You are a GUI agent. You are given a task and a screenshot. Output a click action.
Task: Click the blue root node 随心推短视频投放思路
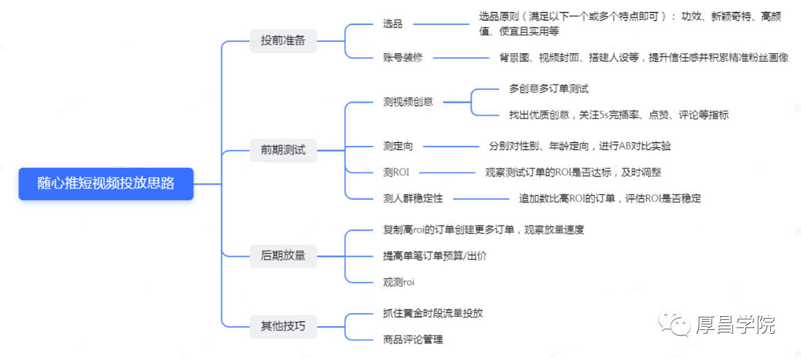(106, 183)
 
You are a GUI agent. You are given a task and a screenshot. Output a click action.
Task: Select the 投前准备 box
(283, 41)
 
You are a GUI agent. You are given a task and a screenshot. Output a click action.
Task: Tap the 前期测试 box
(283, 150)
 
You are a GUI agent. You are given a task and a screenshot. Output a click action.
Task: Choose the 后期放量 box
(283, 256)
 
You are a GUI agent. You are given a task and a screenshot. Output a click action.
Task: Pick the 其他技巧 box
(283, 326)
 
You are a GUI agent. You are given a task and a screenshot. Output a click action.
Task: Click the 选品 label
(392, 24)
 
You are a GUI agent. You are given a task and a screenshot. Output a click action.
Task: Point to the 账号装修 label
(402, 57)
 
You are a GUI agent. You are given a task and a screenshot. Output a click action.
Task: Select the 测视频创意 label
(408, 102)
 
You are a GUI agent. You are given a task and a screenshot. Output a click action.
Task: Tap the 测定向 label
(398, 146)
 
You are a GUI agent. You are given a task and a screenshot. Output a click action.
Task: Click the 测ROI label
(396, 172)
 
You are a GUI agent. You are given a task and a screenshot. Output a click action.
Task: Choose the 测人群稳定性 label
(413, 198)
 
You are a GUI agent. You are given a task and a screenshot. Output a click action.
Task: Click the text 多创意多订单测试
(549, 89)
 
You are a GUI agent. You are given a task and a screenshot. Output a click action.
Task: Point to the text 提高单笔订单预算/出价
(435, 256)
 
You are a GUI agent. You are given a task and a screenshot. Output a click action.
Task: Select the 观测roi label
(399, 282)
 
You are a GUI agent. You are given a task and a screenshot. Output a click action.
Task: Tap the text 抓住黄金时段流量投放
(432, 314)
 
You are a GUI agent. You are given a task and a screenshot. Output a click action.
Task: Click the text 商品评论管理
(413, 339)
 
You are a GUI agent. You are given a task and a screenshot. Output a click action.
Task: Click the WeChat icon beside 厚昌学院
(675, 323)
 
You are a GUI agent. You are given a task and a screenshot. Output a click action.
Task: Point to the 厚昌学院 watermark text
(735, 325)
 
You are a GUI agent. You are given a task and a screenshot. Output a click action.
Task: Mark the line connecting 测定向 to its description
(451, 147)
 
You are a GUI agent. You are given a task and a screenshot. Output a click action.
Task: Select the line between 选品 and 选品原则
(441, 24)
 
